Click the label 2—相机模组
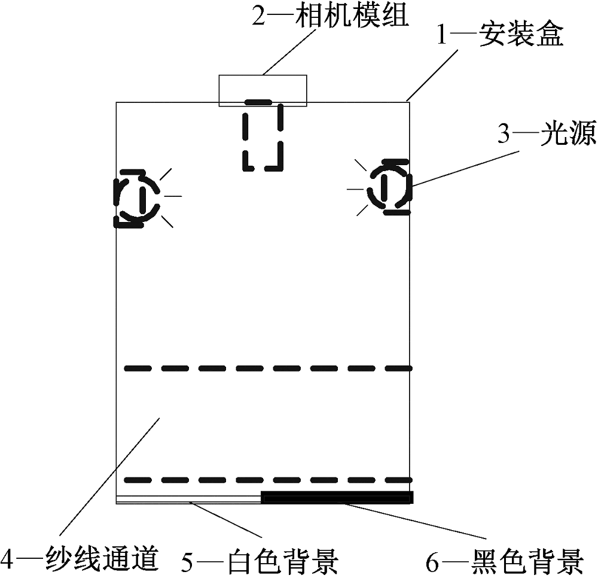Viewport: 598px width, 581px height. tap(331, 16)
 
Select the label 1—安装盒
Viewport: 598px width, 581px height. tap(498, 39)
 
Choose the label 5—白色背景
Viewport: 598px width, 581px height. tap(260, 561)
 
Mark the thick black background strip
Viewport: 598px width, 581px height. tap(337, 497)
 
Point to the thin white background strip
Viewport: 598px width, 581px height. tap(188, 499)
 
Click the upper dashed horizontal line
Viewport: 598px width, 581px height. tap(267, 368)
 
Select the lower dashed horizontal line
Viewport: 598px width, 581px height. tap(267, 479)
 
